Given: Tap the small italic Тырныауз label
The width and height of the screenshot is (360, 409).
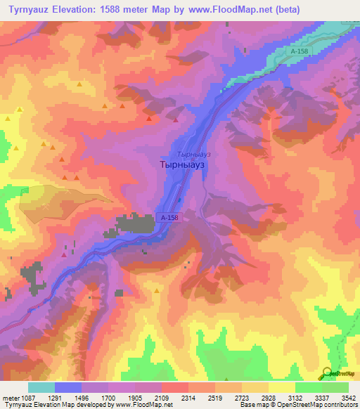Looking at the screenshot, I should click(194, 153).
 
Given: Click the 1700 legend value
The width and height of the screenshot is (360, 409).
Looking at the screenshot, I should click(110, 398).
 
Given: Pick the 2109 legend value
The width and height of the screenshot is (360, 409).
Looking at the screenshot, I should click(162, 398).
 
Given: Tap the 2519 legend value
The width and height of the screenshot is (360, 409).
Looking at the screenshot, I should click(215, 398).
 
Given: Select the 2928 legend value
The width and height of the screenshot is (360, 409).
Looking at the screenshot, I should click(268, 398).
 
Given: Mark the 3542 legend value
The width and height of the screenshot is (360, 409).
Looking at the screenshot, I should click(348, 398).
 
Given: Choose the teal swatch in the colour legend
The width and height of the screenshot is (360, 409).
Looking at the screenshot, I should click(41, 387).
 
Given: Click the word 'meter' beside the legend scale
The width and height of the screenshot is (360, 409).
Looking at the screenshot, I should click(10, 398).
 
